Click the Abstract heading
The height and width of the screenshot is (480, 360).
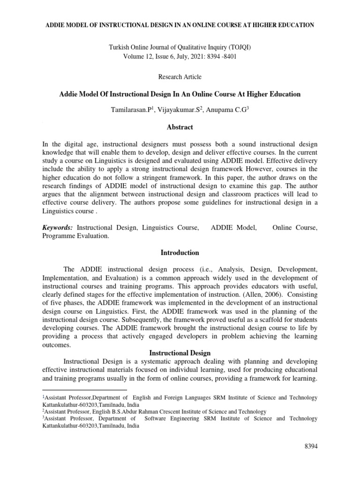point(180,127)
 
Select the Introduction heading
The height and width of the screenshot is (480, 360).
point(180,253)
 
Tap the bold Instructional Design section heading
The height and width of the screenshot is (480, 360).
point(180,352)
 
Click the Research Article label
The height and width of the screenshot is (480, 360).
point(180,76)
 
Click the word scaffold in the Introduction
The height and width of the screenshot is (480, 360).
point(253,320)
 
